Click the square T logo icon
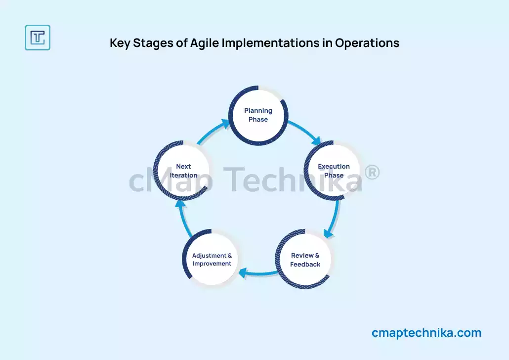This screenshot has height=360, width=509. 38,38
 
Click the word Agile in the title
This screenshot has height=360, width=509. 204,43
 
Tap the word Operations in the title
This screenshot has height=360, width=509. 367,43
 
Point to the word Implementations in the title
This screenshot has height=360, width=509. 270,43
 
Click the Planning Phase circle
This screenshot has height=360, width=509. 258,115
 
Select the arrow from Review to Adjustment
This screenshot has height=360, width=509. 258,273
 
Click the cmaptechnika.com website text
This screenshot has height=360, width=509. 426,333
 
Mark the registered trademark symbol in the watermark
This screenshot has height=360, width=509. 372,172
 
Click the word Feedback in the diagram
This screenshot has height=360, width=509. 305,264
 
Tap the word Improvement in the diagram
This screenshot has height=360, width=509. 212,264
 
